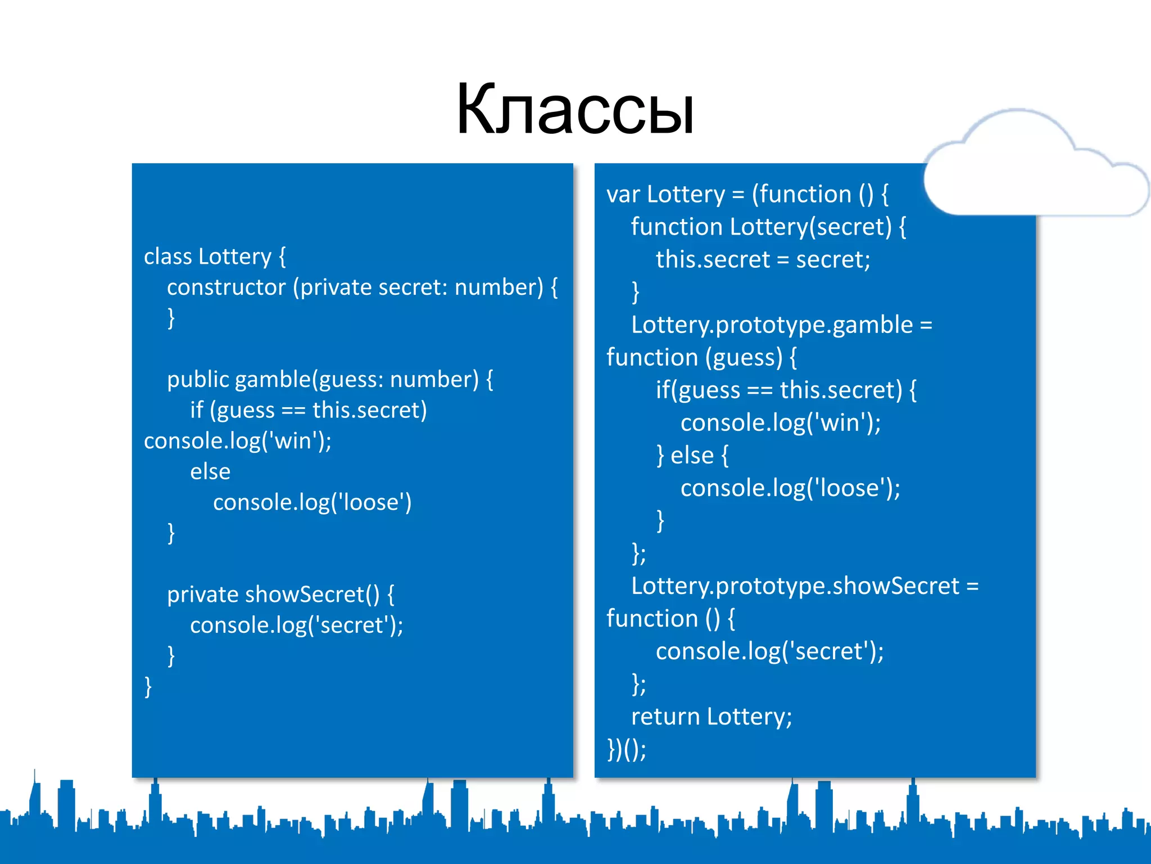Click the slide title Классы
pyautogui.click(x=575, y=109)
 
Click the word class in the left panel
pyautogui.click(x=168, y=256)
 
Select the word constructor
pyautogui.click(x=226, y=287)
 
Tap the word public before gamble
pyautogui.click(x=198, y=380)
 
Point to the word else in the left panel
pyautogui.click(x=210, y=471)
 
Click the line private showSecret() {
pyautogui.click(x=280, y=595)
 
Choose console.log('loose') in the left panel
pyautogui.click(x=312, y=502)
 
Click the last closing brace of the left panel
pyautogui.click(x=148, y=687)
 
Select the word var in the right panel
pyautogui.click(x=623, y=195)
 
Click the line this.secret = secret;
pyautogui.click(x=763, y=260)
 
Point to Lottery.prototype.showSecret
pyautogui.click(x=795, y=586)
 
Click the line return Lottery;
pyautogui.click(x=711, y=717)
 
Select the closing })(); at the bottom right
pyautogui.click(x=627, y=749)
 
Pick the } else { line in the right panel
pyautogui.click(x=692, y=456)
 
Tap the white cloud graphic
pyautogui.click(x=1034, y=169)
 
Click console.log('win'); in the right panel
pyautogui.click(x=780, y=423)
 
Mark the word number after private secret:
pyautogui.click(x=499, y=287)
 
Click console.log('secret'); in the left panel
pyautogui.click(x=296, y=625)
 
